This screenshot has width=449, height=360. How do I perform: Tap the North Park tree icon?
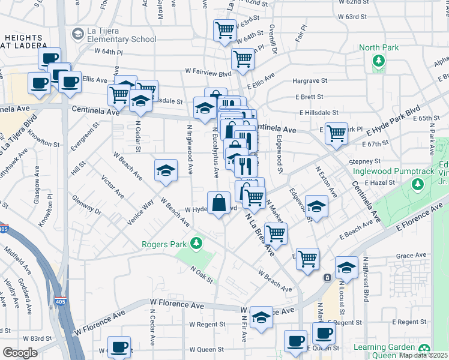(379, 60)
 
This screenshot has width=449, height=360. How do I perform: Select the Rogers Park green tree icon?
(194, 243)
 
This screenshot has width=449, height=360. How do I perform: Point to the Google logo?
(20, 353)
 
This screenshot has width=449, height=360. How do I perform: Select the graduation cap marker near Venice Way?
(166, 170)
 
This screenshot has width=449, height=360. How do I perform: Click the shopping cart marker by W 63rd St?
(225, 29)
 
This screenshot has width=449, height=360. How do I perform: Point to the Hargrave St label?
(309, 80)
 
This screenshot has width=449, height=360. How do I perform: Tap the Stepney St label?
(365, 161)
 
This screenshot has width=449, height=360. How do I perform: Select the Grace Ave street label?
(411, 256)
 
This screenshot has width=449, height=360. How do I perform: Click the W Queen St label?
(206, 349)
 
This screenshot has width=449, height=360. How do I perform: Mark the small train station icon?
(327, 278)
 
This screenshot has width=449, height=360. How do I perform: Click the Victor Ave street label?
(112, 187)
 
